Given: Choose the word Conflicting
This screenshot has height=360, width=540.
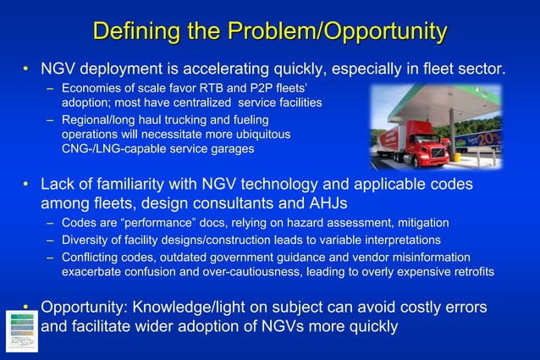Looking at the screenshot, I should (93, 257).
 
